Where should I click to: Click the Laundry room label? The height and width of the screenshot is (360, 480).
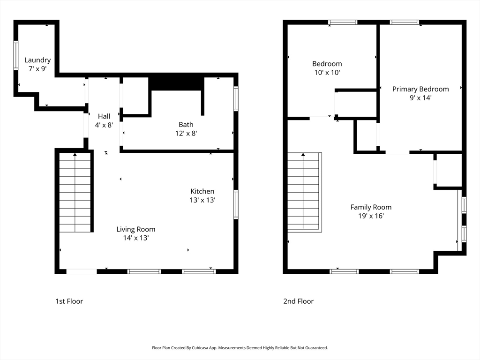click(37, 60)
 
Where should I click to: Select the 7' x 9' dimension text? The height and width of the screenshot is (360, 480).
click(37, 69)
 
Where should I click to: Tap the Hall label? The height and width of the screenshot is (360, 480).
click(104, 116)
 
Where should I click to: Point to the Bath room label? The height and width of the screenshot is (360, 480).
click(186, 125)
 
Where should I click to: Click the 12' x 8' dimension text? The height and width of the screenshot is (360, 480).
click(186, 133)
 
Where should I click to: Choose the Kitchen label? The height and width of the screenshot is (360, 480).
click(202, 191)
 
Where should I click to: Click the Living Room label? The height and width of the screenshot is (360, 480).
click(136, 229)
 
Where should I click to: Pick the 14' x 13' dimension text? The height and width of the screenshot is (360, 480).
click(136, 238)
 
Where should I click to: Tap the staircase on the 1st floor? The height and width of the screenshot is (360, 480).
click(75, 193)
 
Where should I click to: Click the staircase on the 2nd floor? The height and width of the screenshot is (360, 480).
click(304, 192)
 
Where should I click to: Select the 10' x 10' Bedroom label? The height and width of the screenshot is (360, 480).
click(327, 64)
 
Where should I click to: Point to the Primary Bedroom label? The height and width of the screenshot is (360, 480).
click(420, 89)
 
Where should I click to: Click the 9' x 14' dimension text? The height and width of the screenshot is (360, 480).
click(420, 98)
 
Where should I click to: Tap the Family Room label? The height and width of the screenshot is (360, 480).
click(371, 207)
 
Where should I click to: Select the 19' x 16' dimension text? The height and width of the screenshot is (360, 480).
click(371, 216)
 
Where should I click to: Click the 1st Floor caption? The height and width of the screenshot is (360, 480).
click(69, 301)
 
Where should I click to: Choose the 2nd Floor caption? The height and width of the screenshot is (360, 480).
click(298, 301)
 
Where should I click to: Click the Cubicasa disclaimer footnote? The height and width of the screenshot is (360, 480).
click(240, 348)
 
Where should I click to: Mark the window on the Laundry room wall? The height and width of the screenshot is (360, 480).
click(16, 56)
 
